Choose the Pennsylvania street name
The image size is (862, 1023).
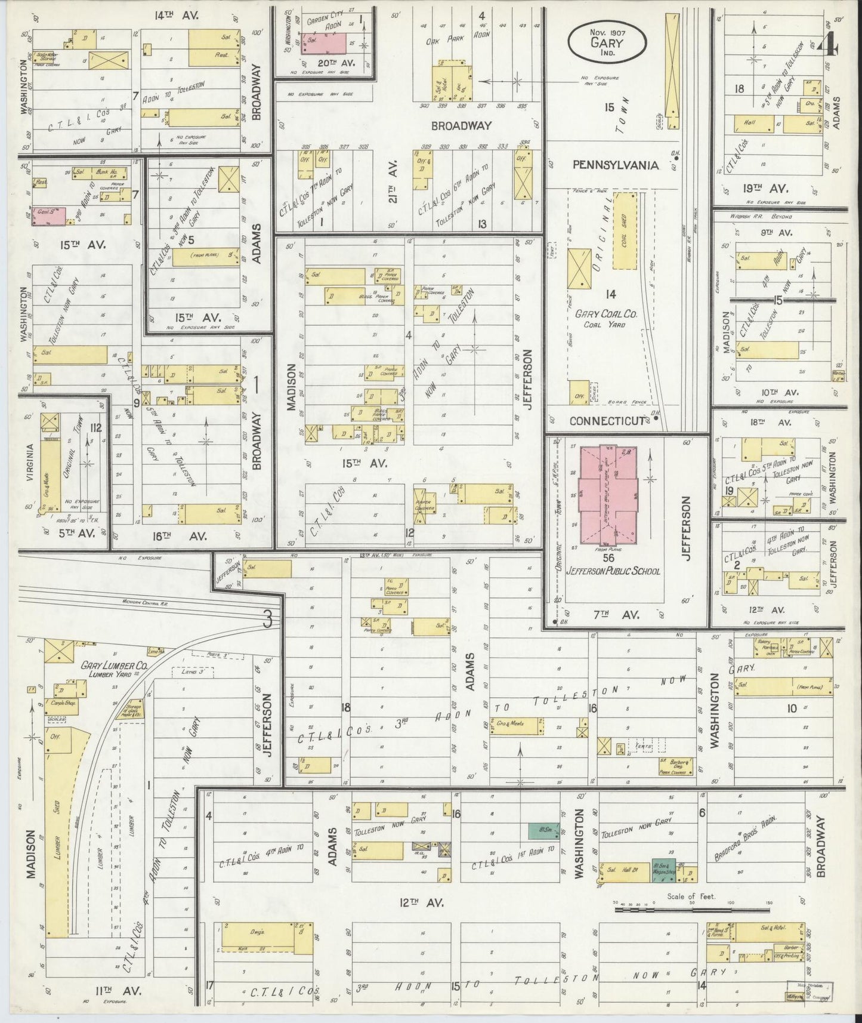point(616,165)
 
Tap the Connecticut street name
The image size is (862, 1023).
point(607,420)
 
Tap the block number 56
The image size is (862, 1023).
point(608,558)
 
